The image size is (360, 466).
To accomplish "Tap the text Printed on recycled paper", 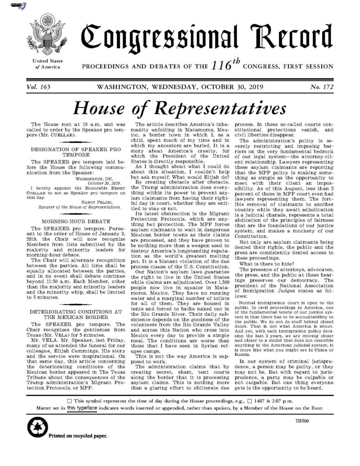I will [76, 436].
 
